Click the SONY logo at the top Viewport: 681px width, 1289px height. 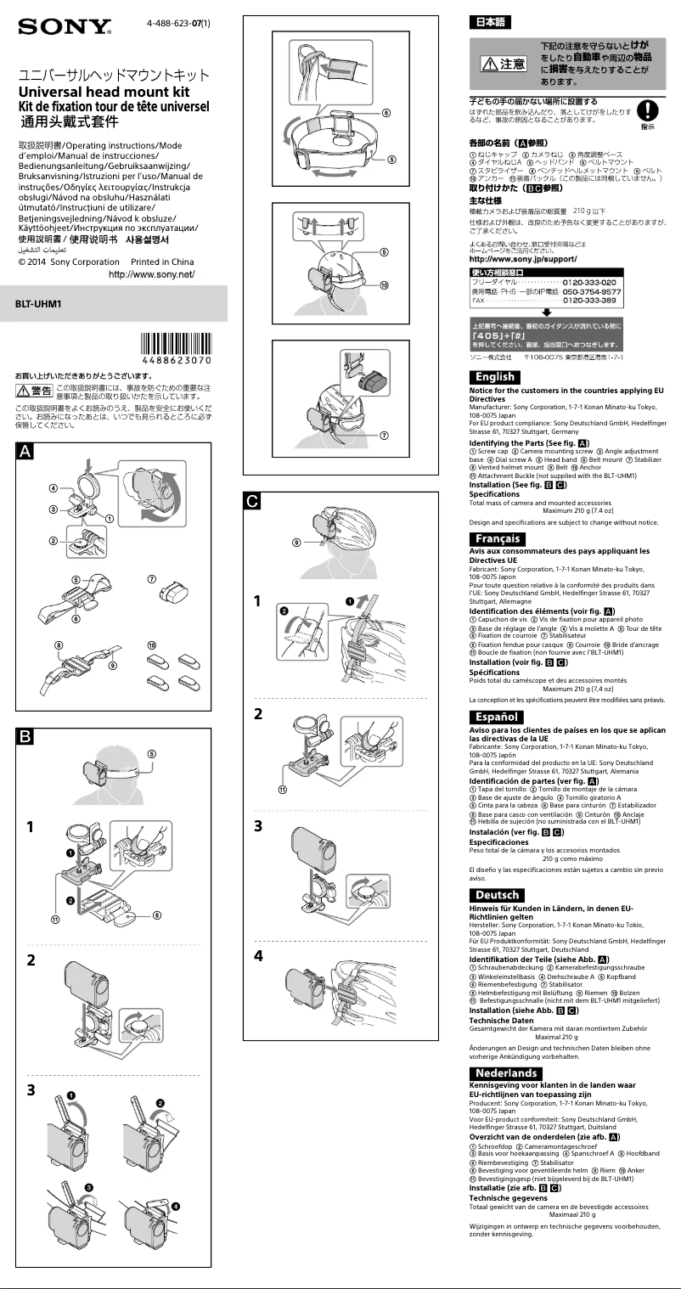[x=65, y=28]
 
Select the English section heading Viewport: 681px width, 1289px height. [x=494, y=377]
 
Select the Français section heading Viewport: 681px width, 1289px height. [x=498, y=539]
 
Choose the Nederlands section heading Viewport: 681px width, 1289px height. [x=506, y=1073]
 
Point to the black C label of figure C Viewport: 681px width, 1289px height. [x=253, y=501]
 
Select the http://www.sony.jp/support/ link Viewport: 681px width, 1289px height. [x=523, y=258]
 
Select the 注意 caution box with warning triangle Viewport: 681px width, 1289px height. [x=503, y=64]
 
